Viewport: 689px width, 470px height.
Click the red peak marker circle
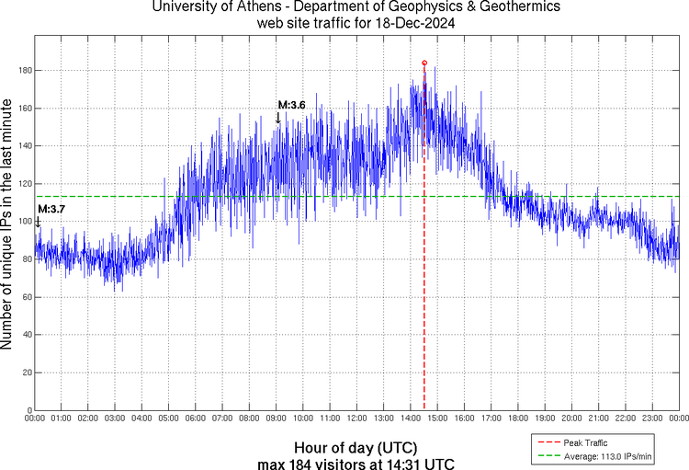[x=424, y=63]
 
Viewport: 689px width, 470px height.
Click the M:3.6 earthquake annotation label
[x=291, y=105]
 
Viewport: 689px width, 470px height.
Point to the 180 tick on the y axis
[x=26, y=71]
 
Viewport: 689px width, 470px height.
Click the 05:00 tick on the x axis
[x=168, y=418]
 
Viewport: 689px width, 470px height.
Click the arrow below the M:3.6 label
[x=278, y=118]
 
